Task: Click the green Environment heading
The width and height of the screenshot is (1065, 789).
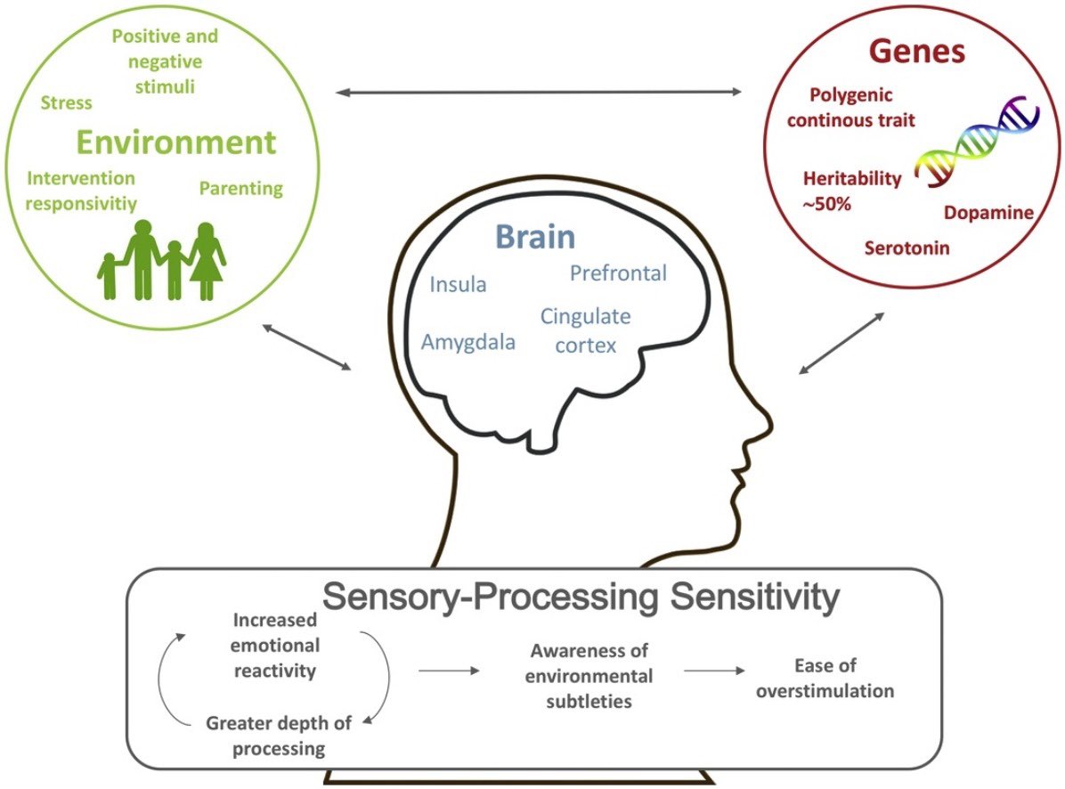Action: (175, 142)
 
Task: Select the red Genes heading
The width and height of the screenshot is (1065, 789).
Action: (916, 52)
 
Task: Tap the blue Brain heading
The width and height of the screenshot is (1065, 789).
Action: (534, 238)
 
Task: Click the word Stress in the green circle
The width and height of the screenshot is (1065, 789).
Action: (66, 102)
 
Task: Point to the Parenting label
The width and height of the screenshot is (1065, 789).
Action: (240, 188)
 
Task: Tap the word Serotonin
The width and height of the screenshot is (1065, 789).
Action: (906, 248)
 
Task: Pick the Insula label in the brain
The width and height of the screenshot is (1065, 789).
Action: (458, 285)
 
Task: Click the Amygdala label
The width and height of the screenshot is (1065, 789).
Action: (468, 342)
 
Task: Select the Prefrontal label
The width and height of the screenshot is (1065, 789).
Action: (618, 272)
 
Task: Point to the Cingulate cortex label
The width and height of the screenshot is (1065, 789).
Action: (585, 330)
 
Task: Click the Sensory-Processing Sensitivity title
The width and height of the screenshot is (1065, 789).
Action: (581, 598)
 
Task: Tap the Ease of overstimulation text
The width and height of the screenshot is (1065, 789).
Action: (825, 678)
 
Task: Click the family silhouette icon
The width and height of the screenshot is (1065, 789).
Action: (162, 260)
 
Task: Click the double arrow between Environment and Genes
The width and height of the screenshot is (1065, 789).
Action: (539, 91)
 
